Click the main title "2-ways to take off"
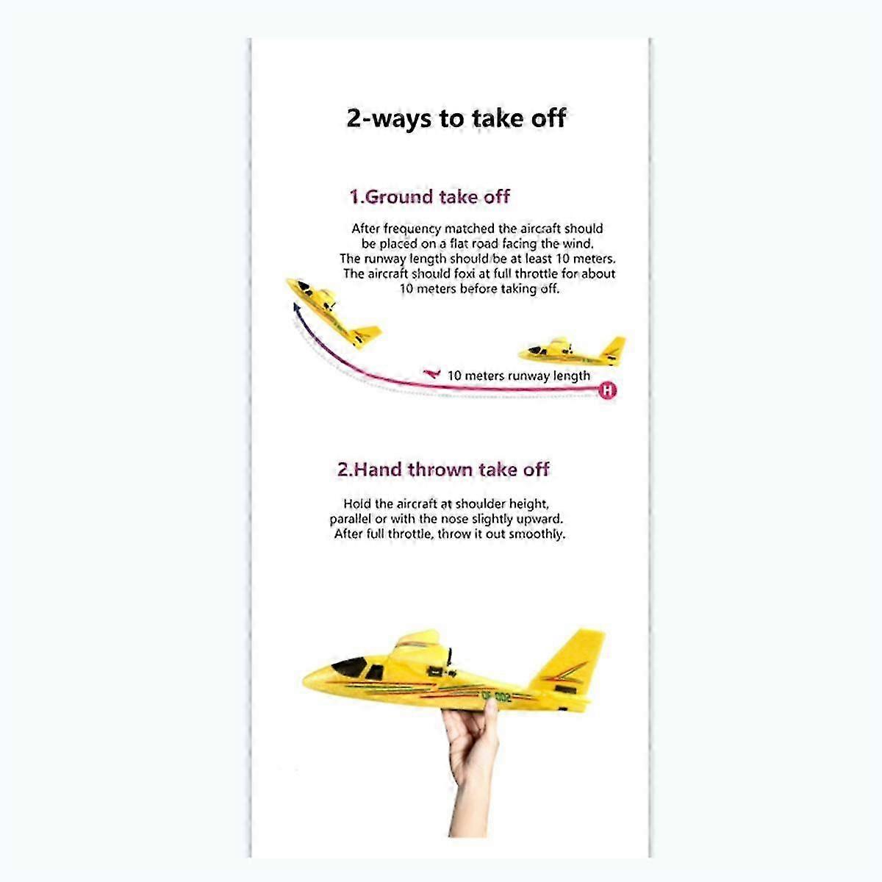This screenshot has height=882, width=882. (456, 119)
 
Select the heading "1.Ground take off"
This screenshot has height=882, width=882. (429, 197)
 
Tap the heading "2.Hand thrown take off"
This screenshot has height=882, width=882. (443, 470)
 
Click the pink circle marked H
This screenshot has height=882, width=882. (607, 390)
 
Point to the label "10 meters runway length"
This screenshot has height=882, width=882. (519, 376)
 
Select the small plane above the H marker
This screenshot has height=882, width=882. (572, 351)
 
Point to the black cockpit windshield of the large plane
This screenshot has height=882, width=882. (350, 666)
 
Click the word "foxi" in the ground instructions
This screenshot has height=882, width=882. (464, 273)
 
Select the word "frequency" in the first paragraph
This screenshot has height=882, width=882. (412, 229)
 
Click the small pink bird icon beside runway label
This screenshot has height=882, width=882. (431, 374)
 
